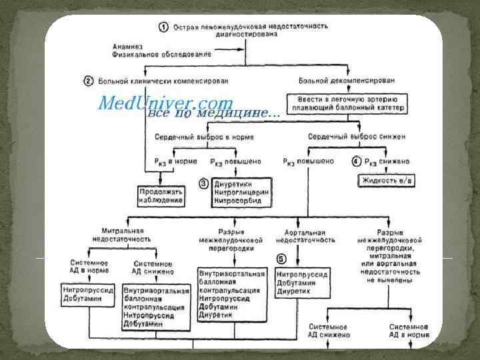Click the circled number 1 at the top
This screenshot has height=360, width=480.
click(163, 27)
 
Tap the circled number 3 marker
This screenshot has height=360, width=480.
click(205, 182)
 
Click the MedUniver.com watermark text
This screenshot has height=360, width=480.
click(165, 103)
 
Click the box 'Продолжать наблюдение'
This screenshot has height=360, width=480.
click(161, 195)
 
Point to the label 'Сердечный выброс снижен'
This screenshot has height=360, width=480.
click(356, 137)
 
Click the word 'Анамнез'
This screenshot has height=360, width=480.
click(127, 46)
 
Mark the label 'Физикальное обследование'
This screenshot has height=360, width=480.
click(162, 54)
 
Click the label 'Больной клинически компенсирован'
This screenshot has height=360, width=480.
click(163, 81)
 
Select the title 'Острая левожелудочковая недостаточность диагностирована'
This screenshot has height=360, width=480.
click(251, 30)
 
